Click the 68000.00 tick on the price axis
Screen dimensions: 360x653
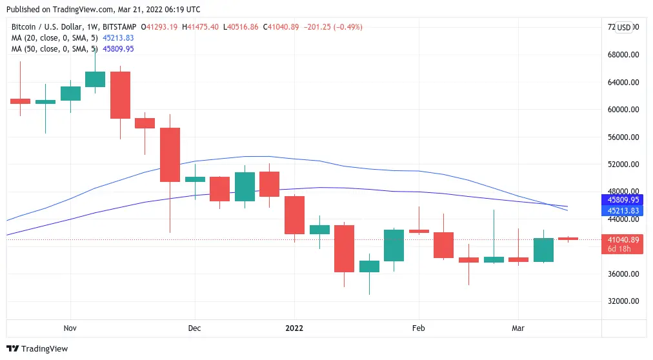tap(623, 55)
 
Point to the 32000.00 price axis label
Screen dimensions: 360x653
tap(623, 301)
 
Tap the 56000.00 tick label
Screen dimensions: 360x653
tap(623, 137)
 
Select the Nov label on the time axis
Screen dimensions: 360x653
tap(70, 328)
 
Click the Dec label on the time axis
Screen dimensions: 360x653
tap(194, 328)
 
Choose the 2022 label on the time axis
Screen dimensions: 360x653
tap(294, 328)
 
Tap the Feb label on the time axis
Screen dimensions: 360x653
tap(418, 328)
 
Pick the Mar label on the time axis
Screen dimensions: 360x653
tap(518, 328)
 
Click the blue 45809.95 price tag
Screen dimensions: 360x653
tap(623, 201)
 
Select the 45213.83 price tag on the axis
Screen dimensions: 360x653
tap(623, 211)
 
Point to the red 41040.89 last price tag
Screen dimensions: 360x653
tap(623, 240)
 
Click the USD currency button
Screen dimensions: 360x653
tap(623, 27)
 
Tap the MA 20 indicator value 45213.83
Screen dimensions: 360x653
tap(118, 38)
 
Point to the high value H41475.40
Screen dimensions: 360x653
tap(200, 27)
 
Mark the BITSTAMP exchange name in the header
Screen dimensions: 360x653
tap(123, 27)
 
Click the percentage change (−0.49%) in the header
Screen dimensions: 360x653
tap(346, 27)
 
